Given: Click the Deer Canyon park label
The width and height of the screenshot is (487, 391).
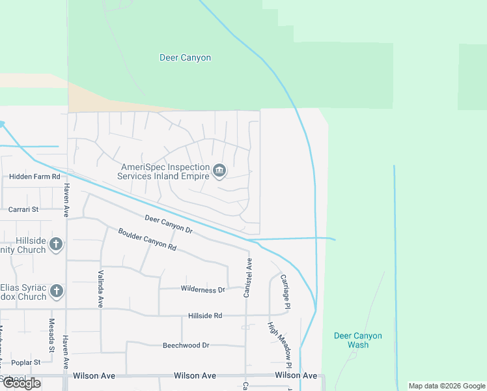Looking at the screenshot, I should click(185, 58).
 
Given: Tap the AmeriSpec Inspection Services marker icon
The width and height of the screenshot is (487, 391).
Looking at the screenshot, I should click(219, 171).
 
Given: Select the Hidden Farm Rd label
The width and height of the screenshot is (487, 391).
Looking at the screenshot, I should click(35, 177).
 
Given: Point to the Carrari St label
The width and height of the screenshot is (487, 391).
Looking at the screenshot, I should click(24, 210).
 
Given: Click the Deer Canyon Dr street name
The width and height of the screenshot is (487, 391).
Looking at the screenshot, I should click(169, 225).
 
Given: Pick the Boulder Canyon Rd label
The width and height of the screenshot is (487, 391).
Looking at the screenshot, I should click(147, 240).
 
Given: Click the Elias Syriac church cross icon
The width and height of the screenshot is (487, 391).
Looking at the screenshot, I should click(56, 291).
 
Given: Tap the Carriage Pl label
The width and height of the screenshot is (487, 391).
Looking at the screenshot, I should click(285, 291).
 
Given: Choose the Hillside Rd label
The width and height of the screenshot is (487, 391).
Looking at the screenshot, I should click(205, 315).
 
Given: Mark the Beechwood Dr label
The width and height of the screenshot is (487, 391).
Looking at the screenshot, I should click(186, 345).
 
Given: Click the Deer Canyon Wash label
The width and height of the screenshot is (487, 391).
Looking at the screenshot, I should click(357, 340).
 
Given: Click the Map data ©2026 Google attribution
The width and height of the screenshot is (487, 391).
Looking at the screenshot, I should click(446, 386).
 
